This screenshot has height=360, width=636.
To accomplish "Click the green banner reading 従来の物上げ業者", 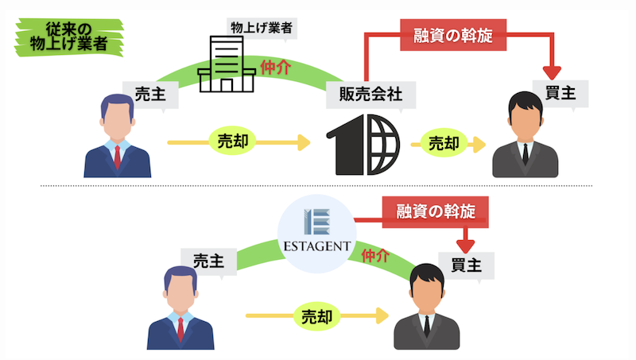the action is (69, 37).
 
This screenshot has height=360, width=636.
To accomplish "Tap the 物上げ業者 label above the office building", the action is (262, 28).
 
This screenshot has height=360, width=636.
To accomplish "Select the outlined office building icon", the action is (227, 64).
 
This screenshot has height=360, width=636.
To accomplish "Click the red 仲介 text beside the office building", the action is (275, 68).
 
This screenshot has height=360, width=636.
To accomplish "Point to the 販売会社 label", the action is (370, 95).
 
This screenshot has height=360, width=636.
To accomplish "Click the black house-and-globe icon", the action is (363, 145).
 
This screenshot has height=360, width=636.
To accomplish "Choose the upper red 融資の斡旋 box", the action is (453, 35).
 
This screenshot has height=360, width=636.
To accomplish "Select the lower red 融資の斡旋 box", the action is (435, 211).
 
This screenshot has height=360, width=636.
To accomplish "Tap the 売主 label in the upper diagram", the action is (150, 95).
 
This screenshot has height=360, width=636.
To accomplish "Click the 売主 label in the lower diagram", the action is (208, 261).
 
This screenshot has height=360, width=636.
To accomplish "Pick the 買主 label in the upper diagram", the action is (560, 94).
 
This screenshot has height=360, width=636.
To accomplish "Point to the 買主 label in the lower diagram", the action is (467, 266).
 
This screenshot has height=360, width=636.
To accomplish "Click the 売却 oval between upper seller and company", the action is (232, 141).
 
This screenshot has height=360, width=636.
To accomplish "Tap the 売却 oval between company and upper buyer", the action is (444, 143).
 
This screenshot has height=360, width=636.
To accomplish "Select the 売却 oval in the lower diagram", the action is (316, 316).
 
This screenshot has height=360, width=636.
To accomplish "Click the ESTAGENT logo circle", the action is (316, 234).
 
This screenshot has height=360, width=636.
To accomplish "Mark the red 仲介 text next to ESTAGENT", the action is (375, 256).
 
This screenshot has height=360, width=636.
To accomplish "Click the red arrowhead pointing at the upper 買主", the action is (552, 73).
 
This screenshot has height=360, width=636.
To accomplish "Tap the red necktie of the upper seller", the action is (117, 157).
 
